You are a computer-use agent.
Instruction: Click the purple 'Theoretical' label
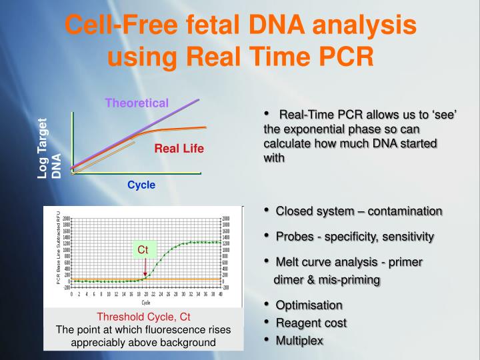[x=137, y=103]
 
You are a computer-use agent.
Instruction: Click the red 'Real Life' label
[x=179, y=148]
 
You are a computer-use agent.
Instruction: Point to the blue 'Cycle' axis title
[x=141, y=185]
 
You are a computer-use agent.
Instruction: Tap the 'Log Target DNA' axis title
[x=49, y=149]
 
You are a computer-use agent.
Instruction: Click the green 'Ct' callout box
[x=143, y=250]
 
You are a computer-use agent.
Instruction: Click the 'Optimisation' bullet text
[x=309, y=305]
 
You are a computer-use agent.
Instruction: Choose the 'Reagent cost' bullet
[x=311, y=323]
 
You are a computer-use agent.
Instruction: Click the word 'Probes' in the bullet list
[x=293, y=236]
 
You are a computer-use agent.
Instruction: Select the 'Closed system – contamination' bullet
[x=359, y=211]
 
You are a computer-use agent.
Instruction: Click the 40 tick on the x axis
[x=221, y=294]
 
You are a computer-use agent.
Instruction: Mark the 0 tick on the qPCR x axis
[x=72, y=294]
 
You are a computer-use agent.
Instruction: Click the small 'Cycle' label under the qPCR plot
[x=145, y=302]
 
